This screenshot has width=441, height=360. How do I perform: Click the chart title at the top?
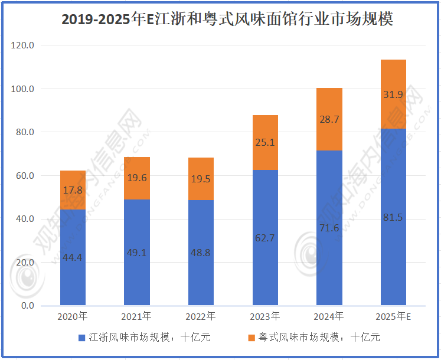pos(227,19)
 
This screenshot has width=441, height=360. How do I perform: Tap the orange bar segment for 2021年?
pos(136,178)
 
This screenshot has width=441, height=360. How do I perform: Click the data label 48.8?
pos(201,252)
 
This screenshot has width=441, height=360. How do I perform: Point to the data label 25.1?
pos(265,142)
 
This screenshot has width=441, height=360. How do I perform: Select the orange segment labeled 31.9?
pos(393,94)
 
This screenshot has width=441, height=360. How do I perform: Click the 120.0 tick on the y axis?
pos(23,45)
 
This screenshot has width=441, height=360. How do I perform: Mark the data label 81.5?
pos(393,217)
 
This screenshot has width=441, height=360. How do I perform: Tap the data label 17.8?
pos(73,190)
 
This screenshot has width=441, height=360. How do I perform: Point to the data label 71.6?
pos(329,227)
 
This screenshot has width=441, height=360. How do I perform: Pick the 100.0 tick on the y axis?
pos(23,89)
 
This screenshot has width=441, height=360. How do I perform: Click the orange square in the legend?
pos(251,338)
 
